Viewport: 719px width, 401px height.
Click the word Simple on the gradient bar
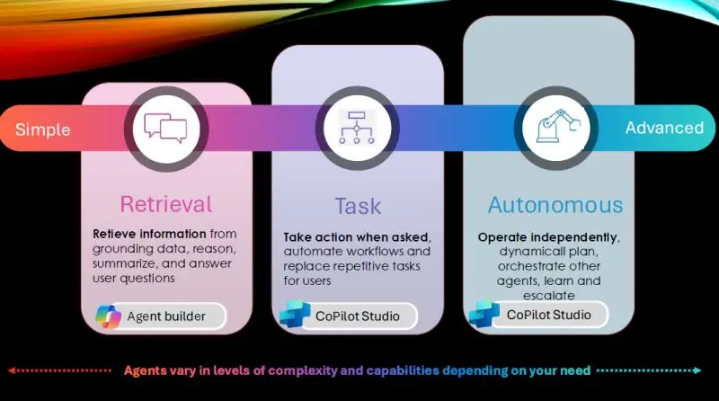(x=42, y=129)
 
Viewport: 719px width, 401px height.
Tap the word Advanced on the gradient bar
(x=664, y=128)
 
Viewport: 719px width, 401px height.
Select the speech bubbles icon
(x=165, y=128)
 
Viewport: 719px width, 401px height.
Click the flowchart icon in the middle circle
(x=357, y=128)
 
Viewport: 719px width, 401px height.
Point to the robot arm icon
(x=558, y=126)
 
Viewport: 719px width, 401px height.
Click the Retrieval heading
(x=166, y=204)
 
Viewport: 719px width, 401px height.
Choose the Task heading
(x=358, y=206)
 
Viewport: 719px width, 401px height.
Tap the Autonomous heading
(x=555, y=205)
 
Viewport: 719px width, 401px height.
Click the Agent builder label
(x=166, y=316)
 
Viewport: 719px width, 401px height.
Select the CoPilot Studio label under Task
(x=358, y=316)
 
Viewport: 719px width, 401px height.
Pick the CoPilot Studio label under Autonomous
(x=549, y=315)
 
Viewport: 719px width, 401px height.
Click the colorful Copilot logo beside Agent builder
(x=108, y=316)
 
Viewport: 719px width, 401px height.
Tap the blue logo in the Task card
(x=295, y=314)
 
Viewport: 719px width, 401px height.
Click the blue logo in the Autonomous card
(x=484, y=314)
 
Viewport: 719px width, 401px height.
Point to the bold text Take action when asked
(x=356, y=237)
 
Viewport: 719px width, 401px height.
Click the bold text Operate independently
(x=547, y=237)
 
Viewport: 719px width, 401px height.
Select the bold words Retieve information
(x=149, y=234)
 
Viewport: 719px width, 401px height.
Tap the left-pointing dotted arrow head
(x=12, y=370)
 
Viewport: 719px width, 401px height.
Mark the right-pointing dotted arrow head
(x=697, y=370)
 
